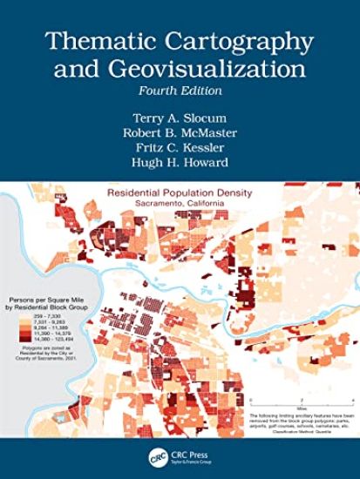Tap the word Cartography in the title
tap(227, 42)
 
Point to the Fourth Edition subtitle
tap(180, 91)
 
